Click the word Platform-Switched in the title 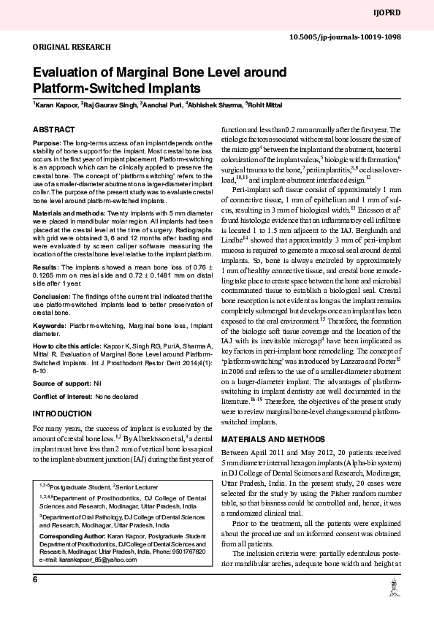click(77, 88)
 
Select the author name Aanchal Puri click(161, 105)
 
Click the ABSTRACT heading click(53, 129)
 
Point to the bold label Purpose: click(47, 143)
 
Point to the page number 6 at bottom click(35, 600)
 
